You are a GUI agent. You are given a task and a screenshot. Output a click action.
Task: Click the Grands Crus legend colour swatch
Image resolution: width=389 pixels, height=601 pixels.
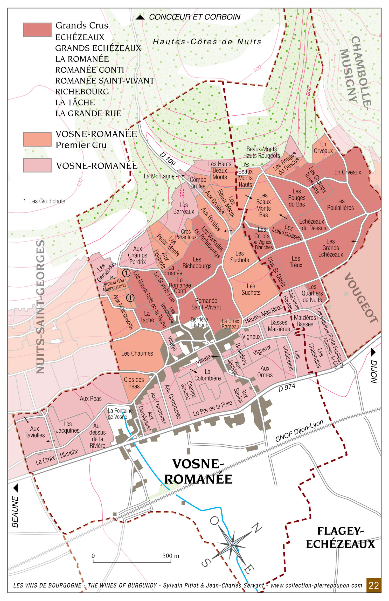[37, 30]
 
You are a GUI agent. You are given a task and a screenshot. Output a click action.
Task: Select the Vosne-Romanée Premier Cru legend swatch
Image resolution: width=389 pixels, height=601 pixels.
[37, 140]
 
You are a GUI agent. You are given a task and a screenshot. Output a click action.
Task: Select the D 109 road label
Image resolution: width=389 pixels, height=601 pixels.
[168, 159]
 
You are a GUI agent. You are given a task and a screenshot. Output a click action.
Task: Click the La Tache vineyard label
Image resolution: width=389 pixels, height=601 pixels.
[147, 317]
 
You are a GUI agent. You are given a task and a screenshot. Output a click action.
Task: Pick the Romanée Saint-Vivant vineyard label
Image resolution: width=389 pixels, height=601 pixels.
[206, 304]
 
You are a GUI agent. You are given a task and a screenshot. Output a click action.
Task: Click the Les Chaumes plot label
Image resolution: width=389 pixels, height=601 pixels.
[137, 353]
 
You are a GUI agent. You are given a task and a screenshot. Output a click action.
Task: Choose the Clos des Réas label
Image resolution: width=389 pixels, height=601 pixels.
[134, 383]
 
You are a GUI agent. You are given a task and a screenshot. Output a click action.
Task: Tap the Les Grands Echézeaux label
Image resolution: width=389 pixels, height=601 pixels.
[330, 248]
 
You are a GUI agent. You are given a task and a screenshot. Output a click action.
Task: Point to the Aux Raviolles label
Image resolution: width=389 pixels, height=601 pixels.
[34, 432]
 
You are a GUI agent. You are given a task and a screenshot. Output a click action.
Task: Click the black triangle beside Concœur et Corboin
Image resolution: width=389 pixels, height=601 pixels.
[140, 17]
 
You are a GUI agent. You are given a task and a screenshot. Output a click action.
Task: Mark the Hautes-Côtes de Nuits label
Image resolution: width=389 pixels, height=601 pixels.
[207, 42]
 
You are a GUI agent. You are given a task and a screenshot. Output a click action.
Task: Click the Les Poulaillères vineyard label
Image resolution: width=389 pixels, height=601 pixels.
[340, 204]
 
